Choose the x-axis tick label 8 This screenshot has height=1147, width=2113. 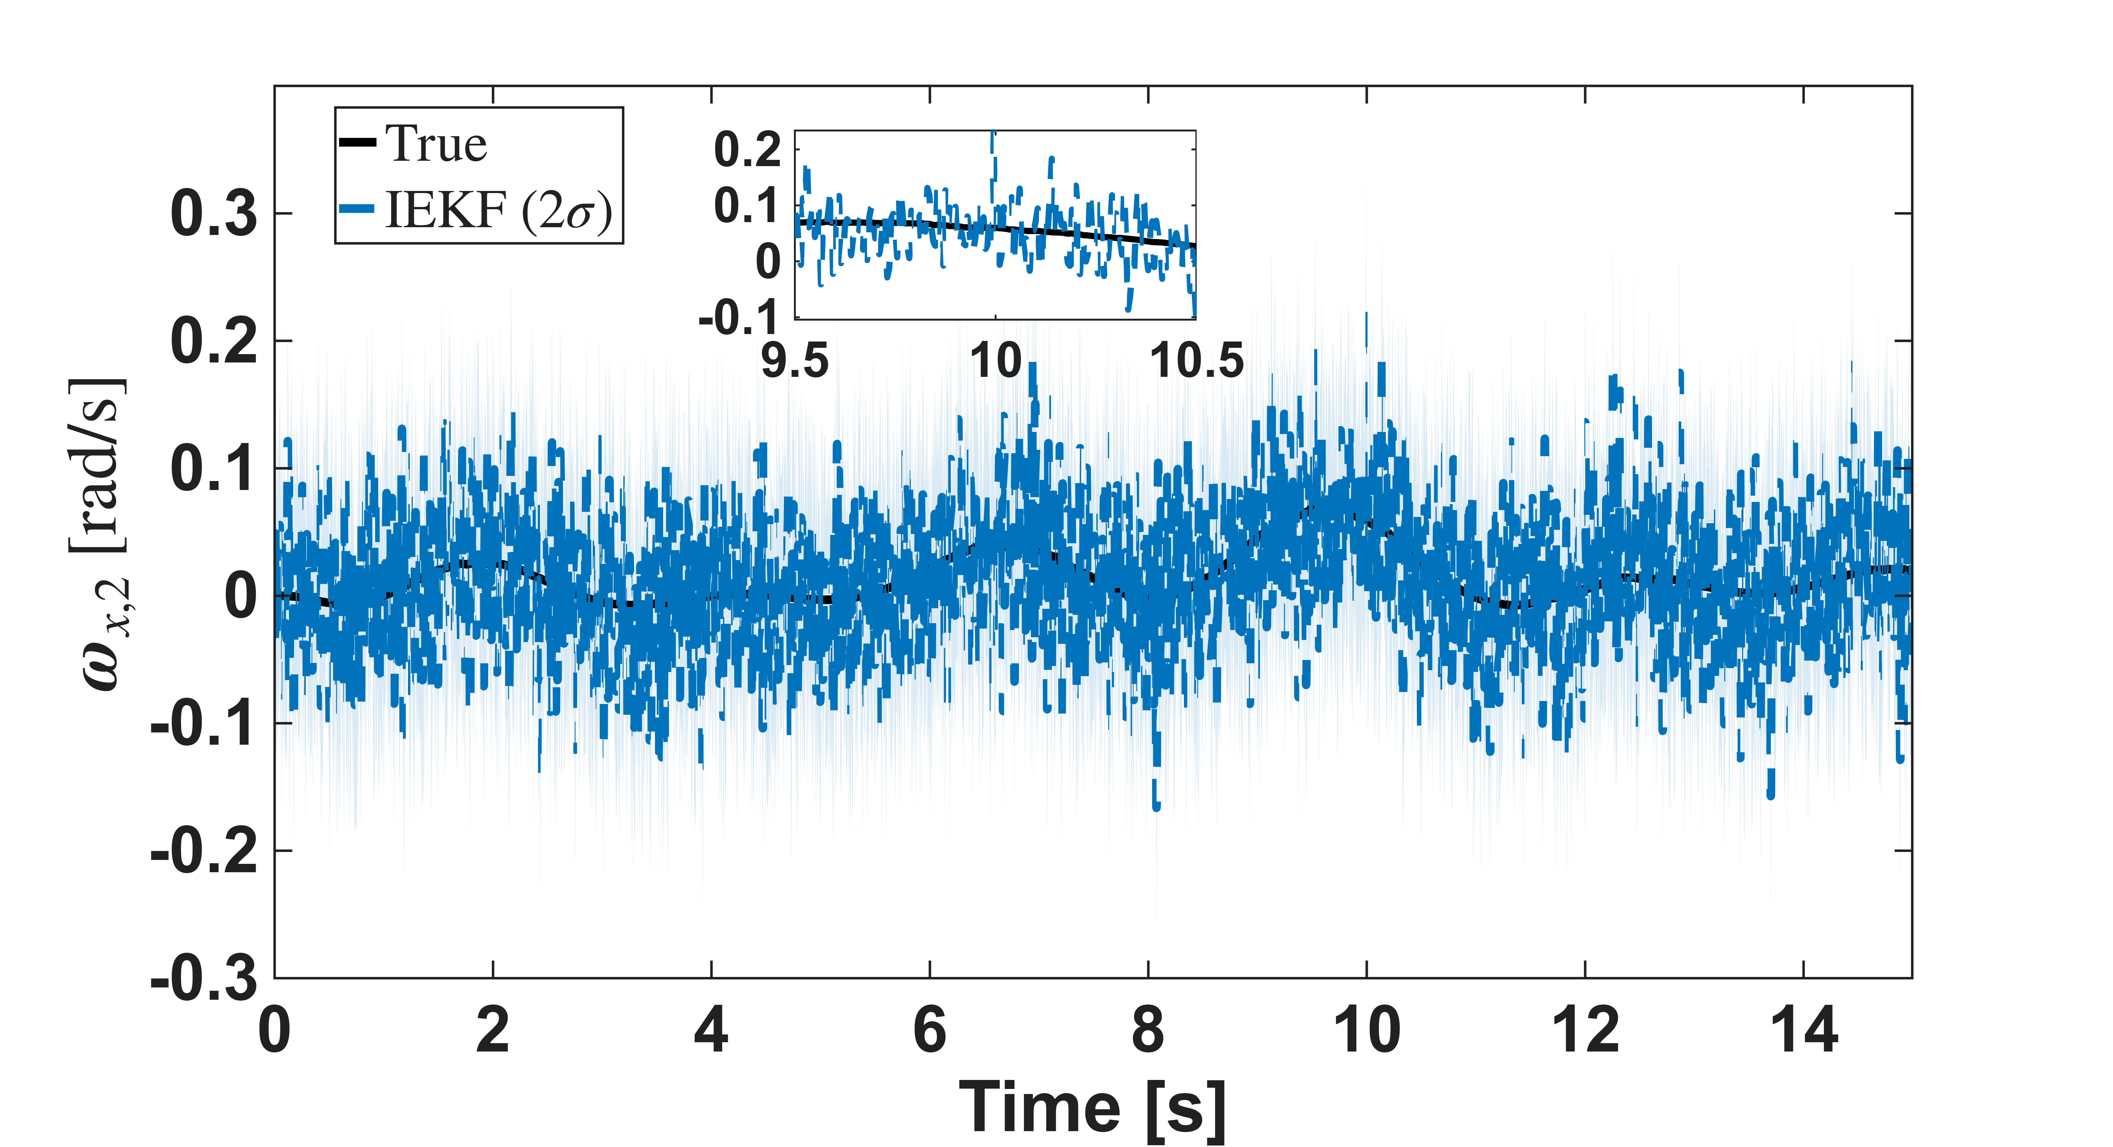click(1148, 1031)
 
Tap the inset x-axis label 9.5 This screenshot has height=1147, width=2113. click(795, 360)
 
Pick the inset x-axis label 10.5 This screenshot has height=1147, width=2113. click(1197, 360)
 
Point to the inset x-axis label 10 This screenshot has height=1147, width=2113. click(996, 360)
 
